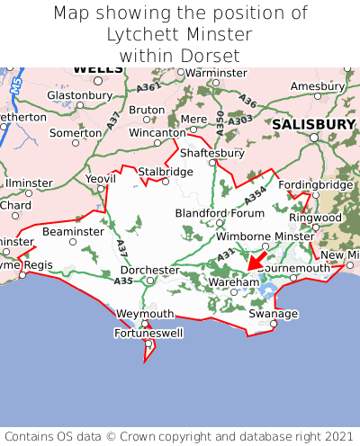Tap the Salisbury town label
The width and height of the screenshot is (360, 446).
(314, 123)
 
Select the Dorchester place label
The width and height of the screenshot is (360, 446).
(150, 269)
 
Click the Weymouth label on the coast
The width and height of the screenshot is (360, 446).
(145, 314)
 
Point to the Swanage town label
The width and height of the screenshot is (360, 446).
(273, 314)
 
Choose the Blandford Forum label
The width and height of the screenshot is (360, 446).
(220, 213)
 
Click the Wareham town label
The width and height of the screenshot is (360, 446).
(233, 281)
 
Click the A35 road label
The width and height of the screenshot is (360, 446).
(123, 281)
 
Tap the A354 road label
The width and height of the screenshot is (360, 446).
(256, 193)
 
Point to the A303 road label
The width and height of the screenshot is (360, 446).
(240, 120)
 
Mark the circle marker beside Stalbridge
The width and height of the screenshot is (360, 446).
(165, 182)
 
